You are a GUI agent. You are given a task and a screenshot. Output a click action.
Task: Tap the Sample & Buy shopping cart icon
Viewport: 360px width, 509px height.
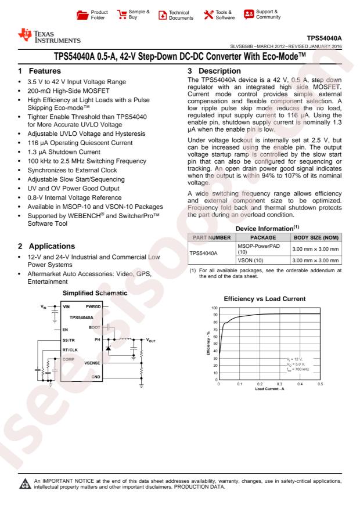pyautogui.click(x=122, y=13)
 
